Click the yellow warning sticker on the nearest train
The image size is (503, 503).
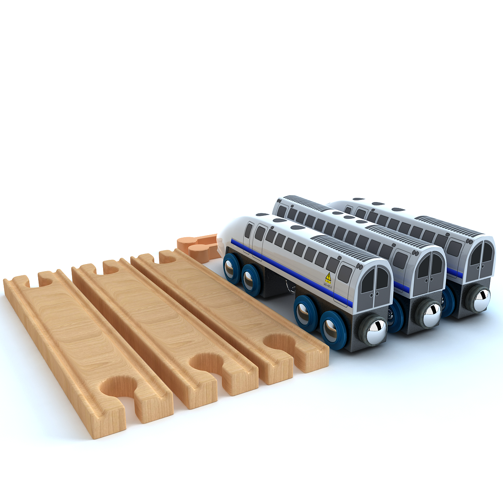[x=328, y=277]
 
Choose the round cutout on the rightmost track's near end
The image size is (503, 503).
[x=280, y=342]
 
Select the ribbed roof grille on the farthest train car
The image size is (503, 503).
[x=453, y=226]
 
